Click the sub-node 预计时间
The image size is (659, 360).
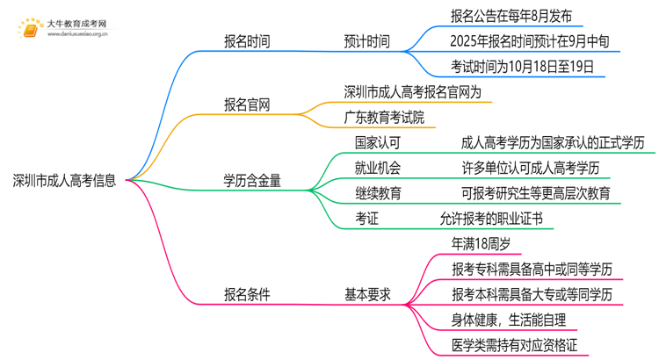pos(366,41)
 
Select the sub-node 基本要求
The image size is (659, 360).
pos(366,294)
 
